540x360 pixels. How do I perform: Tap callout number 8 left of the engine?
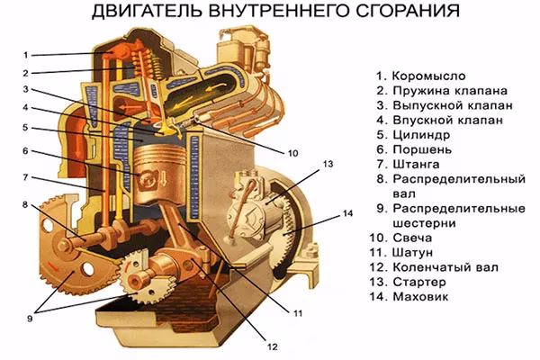26,203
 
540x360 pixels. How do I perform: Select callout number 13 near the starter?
328,165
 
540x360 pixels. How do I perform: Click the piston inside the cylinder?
159,166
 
